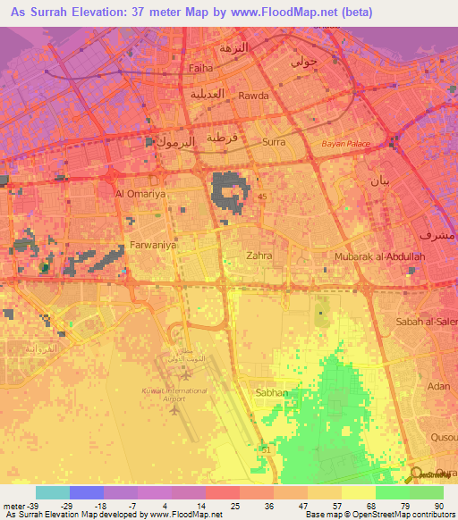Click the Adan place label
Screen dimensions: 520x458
click(x=438, y=386)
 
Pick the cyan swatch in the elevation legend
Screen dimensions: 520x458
click(x=53, y=492)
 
